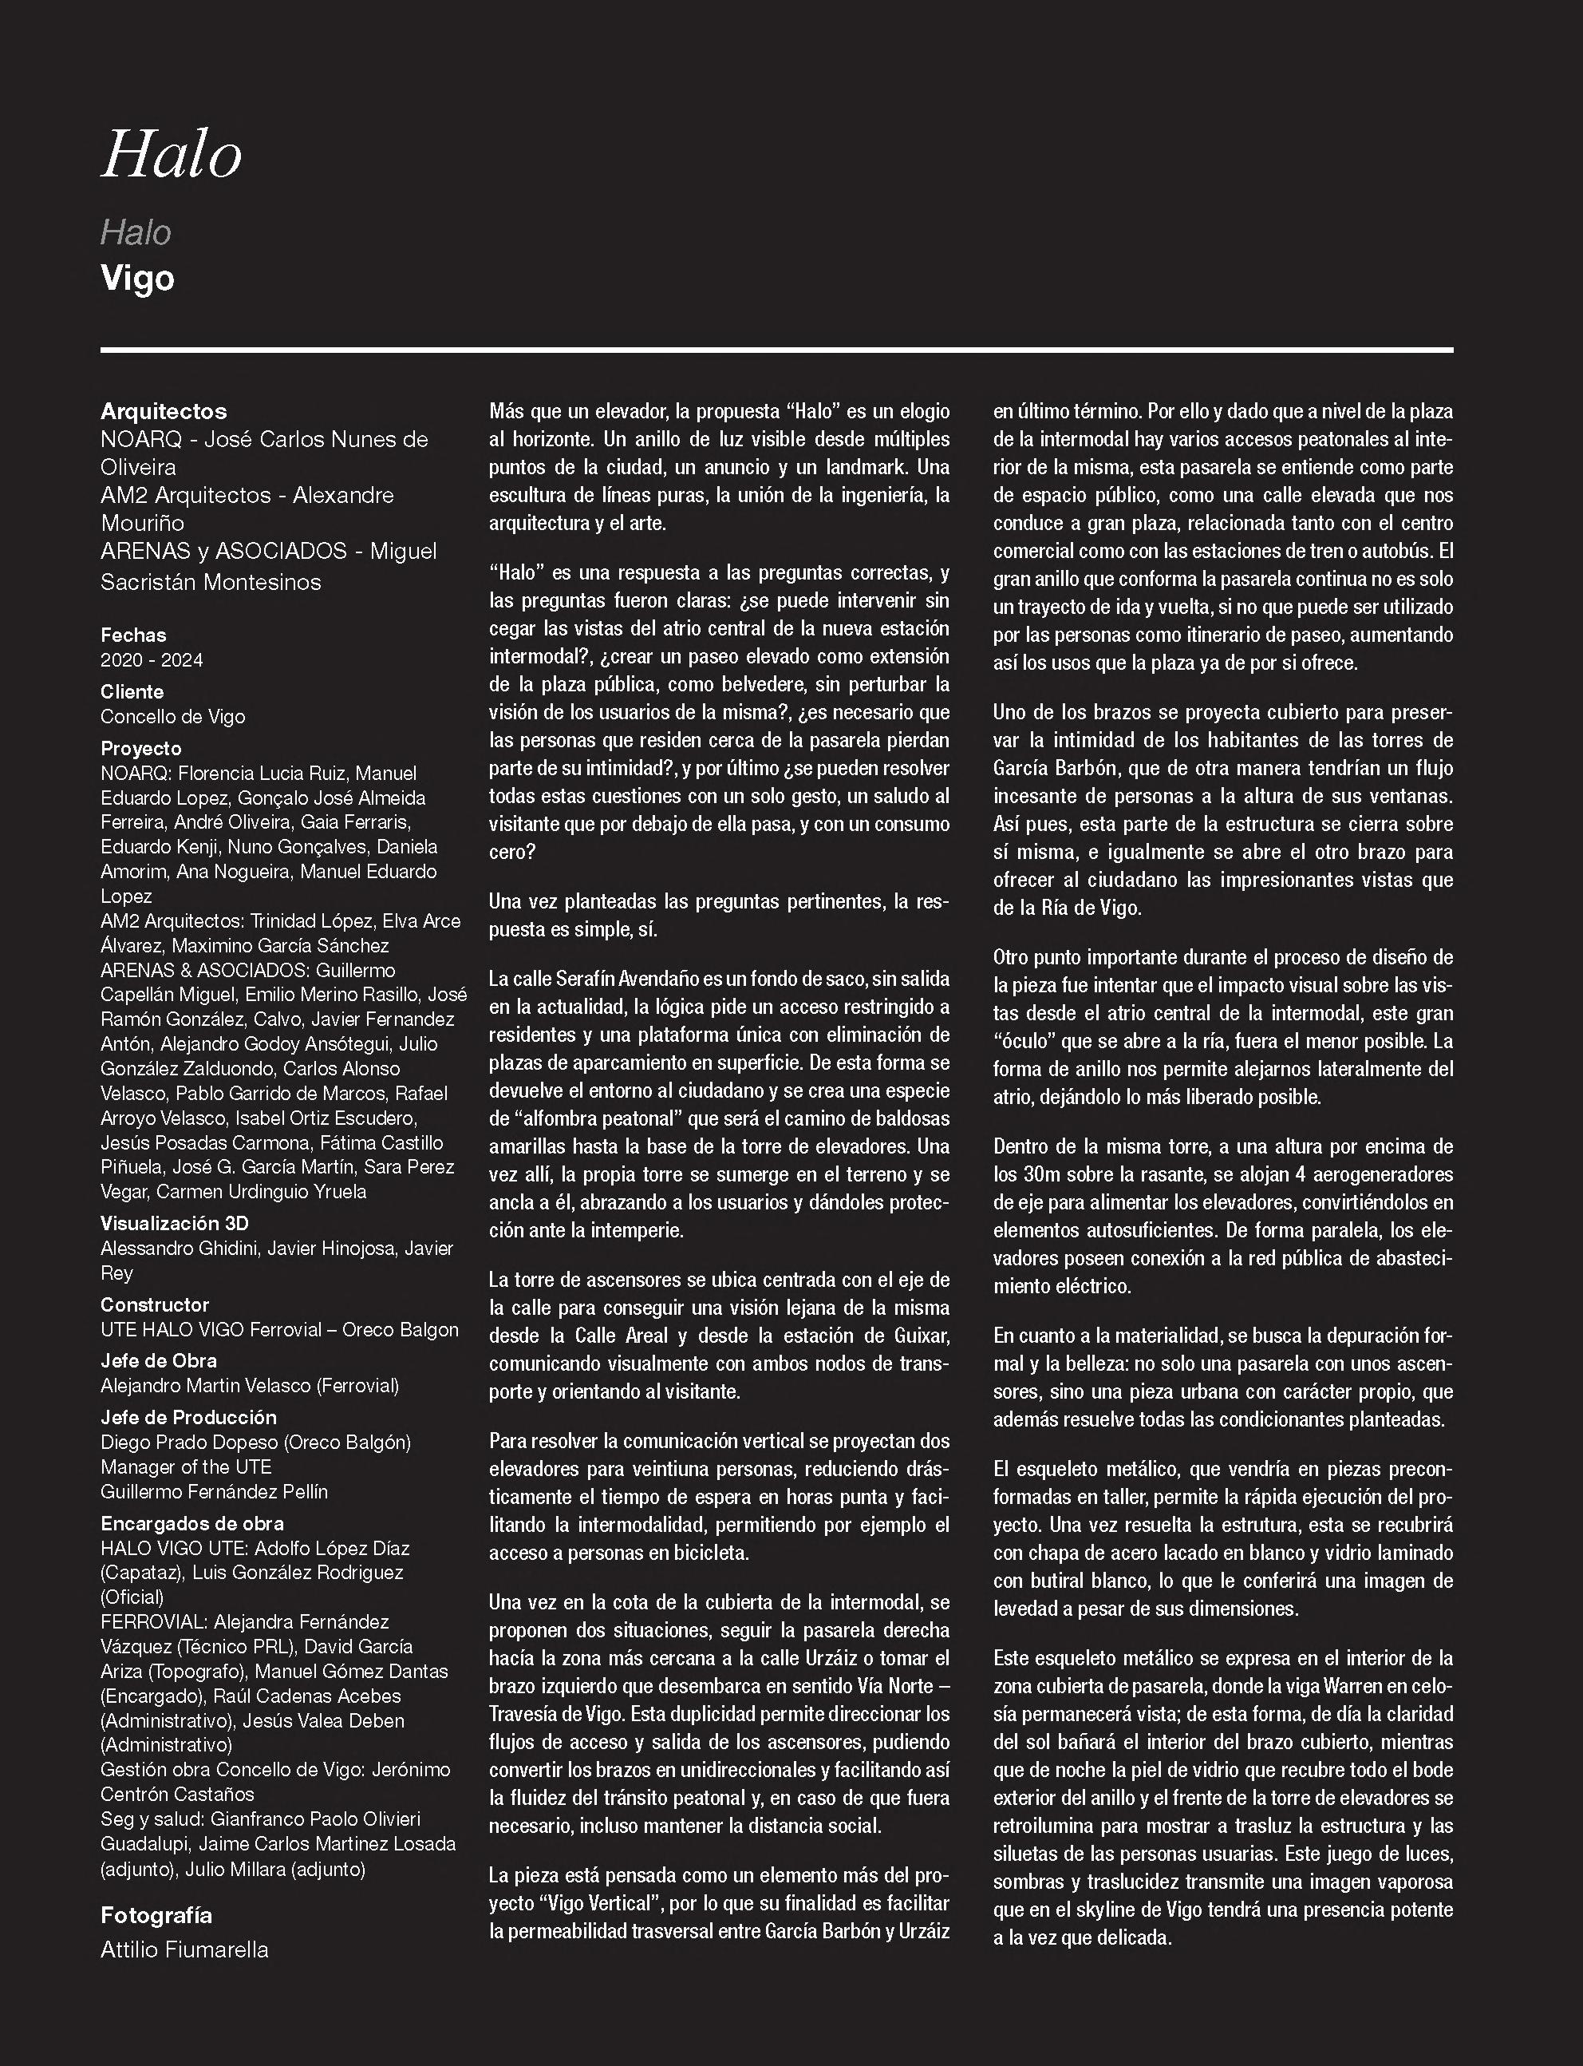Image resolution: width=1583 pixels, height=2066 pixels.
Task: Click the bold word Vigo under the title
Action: tap(137, 279)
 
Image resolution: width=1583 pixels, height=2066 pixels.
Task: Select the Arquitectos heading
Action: tap(164, 411)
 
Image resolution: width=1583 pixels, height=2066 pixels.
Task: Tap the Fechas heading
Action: tap(133, 635)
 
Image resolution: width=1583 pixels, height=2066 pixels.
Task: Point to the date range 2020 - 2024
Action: tap(152, 659)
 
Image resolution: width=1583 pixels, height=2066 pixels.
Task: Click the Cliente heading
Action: tap(132, 692)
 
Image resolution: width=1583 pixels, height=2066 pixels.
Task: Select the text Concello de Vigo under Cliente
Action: tap(172, 716)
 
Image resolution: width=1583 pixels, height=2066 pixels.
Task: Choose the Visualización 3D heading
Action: tap(174, 1223)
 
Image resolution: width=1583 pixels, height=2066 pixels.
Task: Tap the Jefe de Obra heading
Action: tap(158, 1361)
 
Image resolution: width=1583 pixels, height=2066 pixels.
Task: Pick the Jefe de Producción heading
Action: tap(188, 1418)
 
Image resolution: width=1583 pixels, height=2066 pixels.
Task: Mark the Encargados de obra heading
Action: tap(192, 1523)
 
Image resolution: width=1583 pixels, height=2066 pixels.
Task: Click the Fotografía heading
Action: tap(156, 1915)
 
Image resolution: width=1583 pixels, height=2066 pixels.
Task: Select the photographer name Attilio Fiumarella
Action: tap(184, 1950)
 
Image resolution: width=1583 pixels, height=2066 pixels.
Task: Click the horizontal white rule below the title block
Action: tap(776, 350)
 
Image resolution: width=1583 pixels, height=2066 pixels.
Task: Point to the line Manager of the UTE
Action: tap(186, 1466)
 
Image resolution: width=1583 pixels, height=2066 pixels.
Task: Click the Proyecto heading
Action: tap(141, 748)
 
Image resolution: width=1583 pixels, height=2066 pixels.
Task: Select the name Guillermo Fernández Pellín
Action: tap(214, 1491)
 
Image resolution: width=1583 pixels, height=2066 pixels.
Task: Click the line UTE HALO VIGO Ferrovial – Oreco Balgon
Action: tap(280, 1329)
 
